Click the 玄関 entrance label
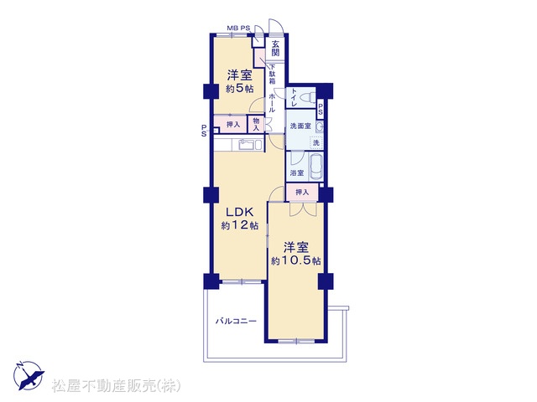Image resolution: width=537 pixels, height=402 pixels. coord(276,49)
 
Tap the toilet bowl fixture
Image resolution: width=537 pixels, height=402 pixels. coord(307,97)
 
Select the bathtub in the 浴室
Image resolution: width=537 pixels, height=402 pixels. coord(315,167)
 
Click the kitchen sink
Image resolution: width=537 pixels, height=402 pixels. coord(247,145)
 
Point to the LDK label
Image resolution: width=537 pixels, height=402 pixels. coord(239,212)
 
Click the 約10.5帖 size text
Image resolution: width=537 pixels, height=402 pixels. coord(296,260)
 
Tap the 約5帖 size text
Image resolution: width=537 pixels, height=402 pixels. coord(240,89)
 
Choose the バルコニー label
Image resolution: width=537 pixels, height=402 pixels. coord(236,322)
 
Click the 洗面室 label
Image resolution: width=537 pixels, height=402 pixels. coord(300,126)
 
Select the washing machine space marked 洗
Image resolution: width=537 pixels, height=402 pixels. coord(316,142)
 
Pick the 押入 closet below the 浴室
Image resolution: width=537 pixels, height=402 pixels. coord(302,193)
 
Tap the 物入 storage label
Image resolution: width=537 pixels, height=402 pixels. coord(256,125)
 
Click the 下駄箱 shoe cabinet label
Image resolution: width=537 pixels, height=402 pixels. coord(272,75)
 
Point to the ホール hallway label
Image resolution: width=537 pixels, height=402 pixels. coord(272,102)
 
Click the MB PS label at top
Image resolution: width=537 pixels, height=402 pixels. coord(238,28)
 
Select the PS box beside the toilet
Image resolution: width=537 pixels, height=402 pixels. coord(321,110)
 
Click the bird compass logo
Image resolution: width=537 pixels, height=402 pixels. coord(29,375)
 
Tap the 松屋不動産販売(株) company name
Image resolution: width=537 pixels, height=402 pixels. coord(116,386)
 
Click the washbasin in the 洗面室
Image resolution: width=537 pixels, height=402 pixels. coord(320,126)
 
